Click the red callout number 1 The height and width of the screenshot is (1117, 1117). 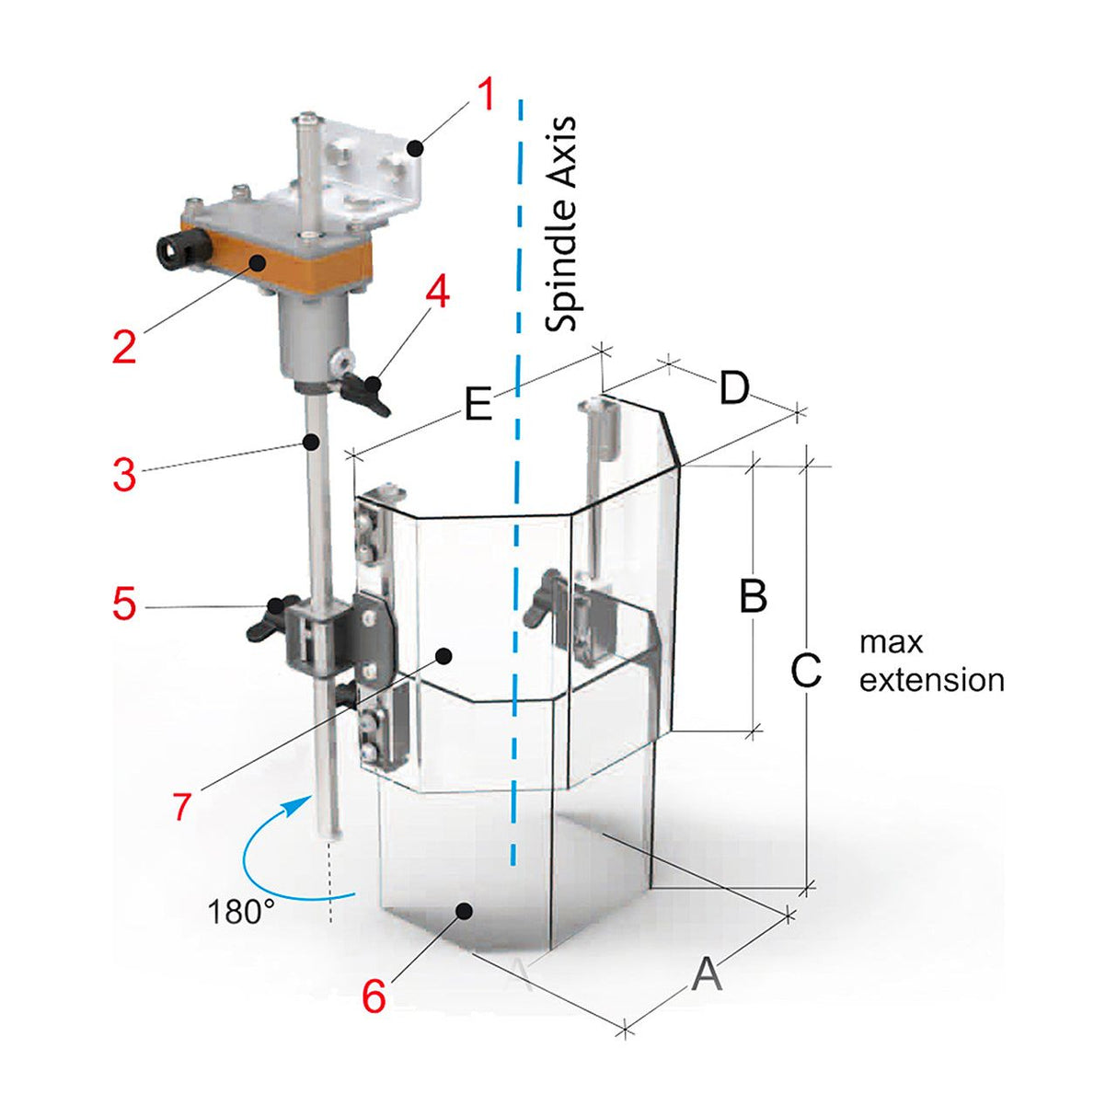click(486, 95)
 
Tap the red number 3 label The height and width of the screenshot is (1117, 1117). click(124, 475)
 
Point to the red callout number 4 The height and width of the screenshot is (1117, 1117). click(436, 293)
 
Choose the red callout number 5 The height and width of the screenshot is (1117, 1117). click(124, 605)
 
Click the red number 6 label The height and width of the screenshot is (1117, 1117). click(374, 996)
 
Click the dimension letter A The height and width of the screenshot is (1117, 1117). click(707, 973)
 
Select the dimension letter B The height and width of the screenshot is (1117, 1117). click(754, 596)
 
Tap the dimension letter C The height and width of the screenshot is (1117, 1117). click(806, 671)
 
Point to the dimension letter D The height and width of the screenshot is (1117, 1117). click(734, 389)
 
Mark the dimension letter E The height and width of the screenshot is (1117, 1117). click(478, 405)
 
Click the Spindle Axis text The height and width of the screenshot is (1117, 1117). click(560, 224)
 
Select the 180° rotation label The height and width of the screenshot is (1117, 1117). click(241, 912)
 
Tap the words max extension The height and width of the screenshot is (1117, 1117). click(930, 662)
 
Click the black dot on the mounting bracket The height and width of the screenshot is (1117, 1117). click(416, 146)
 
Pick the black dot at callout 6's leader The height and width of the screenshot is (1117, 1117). click(465, 910)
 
